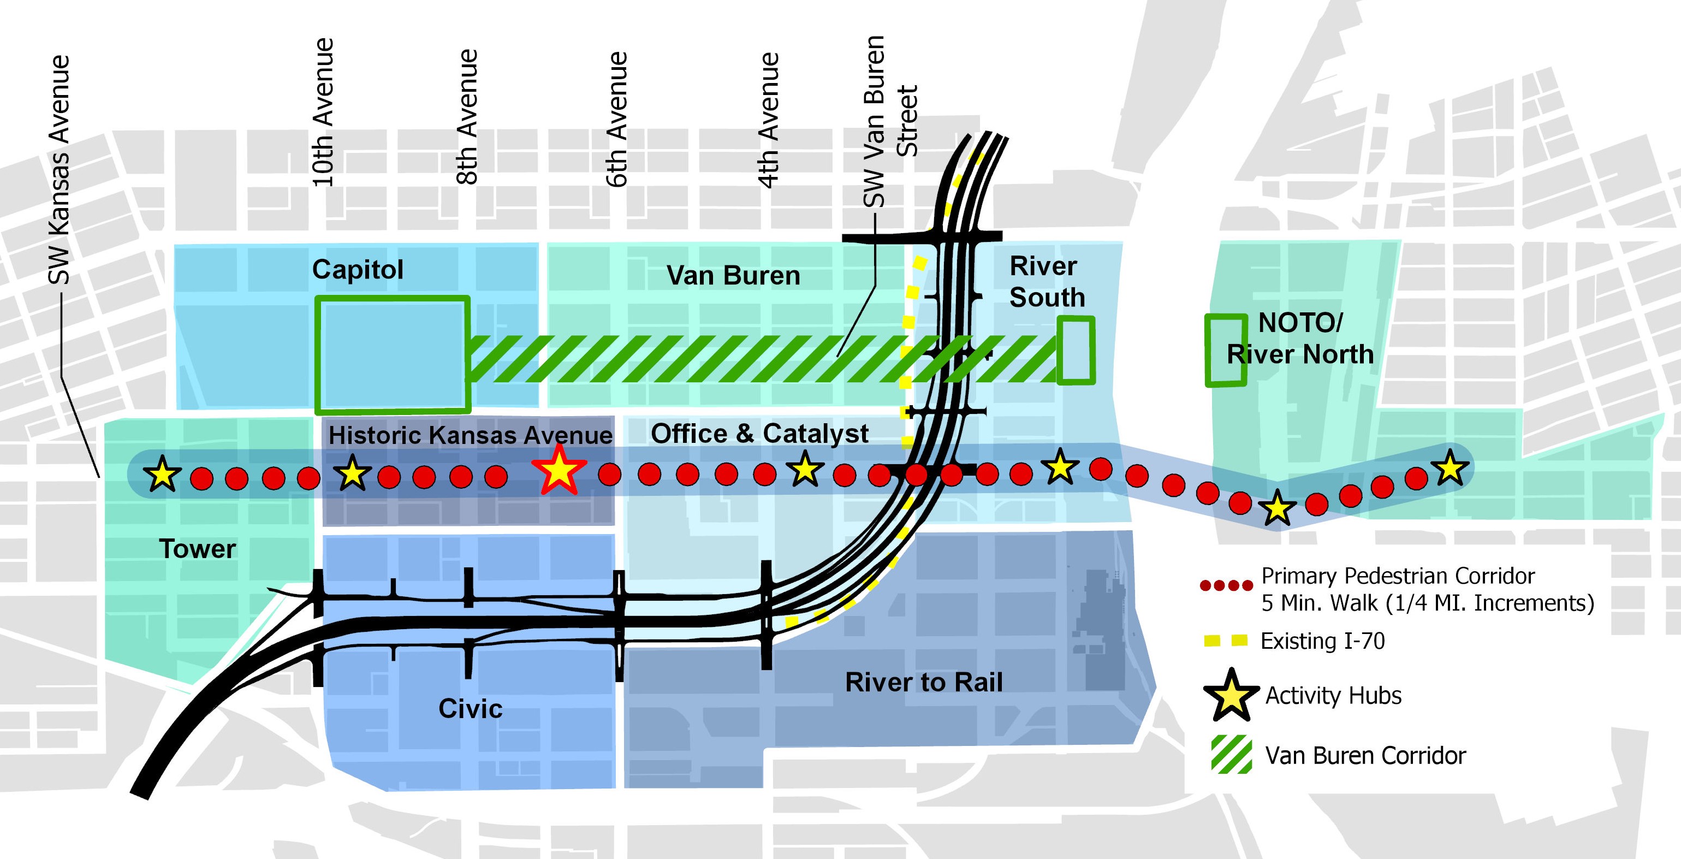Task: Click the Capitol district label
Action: point(358,270)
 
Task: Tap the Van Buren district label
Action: point(733,275)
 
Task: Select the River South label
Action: point(1046,281)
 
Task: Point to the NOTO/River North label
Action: point(1300,339)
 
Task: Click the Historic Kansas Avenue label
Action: point(470,435)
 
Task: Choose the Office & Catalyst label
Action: point(759,434)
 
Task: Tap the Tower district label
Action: point(197,549)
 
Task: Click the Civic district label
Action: point(470,708)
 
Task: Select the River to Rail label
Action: point(923,682)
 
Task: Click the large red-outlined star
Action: point(559,470)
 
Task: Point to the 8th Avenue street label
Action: point(467,117)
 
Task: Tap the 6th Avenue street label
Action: point(617,120)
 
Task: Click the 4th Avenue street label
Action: point(769,121)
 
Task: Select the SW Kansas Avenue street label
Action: point(59,170)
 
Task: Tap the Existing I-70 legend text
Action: point(1322,641)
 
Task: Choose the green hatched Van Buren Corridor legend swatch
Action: point(1231,755)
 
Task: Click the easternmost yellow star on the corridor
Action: point(1450,467)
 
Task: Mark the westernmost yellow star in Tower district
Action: point(162,474)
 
